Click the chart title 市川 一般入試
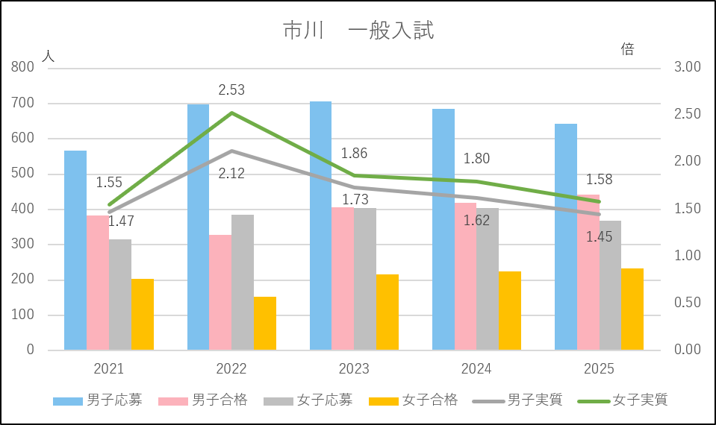click(x=358, y=31)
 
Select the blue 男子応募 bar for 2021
click(x=75, y=250)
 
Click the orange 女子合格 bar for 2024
click(x=510, y=310)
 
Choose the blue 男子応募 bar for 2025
click(x=566, y=236)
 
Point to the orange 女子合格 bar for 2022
click(x=264, y=323)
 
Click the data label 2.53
click(x=231, y=90)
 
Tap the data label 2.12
click(x=231, y=174)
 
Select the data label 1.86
click(x=354, y=154)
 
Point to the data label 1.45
click(x=600, y=237)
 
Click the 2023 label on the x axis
click(x=354, y=369)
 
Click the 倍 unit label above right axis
click(x=628, y=50)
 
